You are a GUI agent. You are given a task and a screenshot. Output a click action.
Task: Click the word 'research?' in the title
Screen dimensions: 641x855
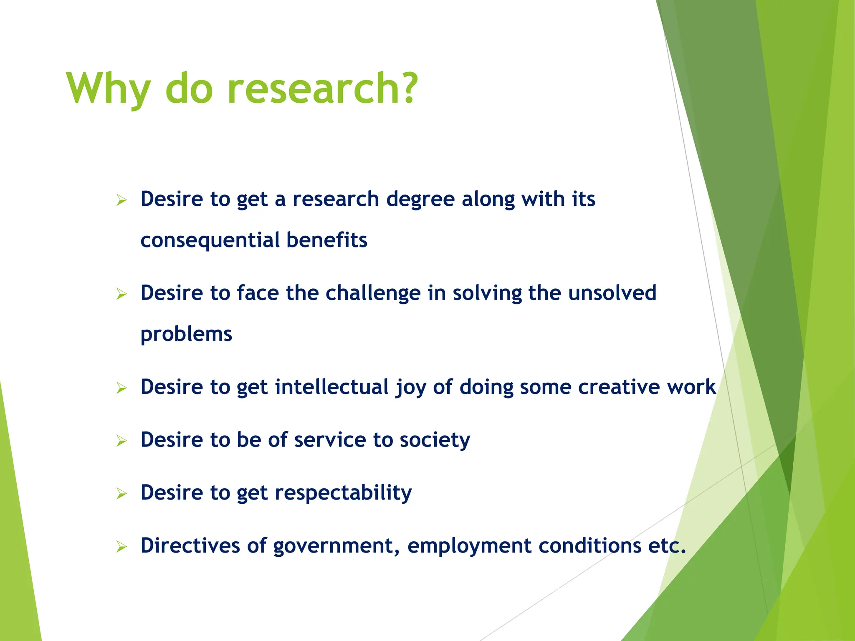[x=322, y=88]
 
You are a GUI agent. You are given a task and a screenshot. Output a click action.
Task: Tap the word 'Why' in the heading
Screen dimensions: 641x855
[x=108, y=88]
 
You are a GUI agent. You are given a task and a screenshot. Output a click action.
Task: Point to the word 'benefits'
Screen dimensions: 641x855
[x=326, y=240]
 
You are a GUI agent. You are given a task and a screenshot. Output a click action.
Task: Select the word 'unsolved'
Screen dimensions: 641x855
[x=612, y=293]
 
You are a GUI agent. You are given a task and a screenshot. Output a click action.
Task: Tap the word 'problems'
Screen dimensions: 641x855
[x=186, y=334]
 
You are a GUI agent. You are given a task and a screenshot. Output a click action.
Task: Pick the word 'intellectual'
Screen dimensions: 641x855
[x=331, y=387]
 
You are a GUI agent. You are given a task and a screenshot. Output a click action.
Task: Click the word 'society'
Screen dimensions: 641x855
[x=435, y=440]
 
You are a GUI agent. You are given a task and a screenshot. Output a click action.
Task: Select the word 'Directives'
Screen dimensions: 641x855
[x=190, y=545]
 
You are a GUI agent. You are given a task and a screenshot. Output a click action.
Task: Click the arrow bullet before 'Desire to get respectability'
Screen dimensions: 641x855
[x=121, y=494]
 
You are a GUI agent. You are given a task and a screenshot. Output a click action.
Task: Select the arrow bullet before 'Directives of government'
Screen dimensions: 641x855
[x=121, y=547]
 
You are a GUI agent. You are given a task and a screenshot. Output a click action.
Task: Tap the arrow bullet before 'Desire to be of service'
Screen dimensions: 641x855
[x=121, y=441]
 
